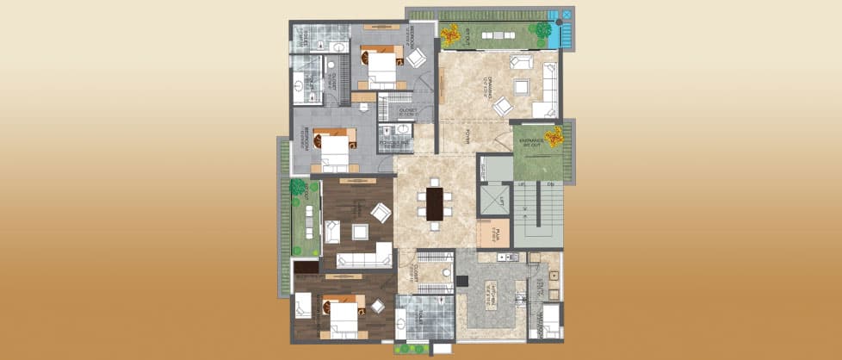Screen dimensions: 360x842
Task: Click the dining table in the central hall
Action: [435, 204]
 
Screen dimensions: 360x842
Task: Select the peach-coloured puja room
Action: [493, 233]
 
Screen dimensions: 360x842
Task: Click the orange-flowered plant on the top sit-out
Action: [450, 34]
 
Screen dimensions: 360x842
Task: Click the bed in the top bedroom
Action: [382, 69]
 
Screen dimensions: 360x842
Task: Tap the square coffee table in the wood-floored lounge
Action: [358, 232]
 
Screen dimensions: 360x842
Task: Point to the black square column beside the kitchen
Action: [461, 279]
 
